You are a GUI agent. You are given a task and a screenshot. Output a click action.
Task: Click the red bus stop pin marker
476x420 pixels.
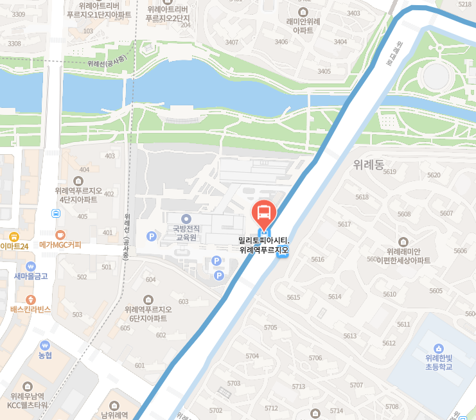coord(263,212)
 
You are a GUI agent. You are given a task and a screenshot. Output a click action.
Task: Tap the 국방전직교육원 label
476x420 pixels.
coord(187,232)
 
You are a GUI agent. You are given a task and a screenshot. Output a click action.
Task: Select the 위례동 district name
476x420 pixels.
coord(368,164)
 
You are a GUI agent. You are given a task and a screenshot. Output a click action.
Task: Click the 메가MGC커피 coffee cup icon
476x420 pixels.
coord(60,234)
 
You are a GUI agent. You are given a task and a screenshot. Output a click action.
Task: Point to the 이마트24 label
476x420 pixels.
coord(15,246)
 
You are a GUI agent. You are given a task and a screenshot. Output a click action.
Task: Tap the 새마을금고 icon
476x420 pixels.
coord(31,266)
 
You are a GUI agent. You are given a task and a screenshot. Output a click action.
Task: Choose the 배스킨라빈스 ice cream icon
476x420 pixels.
coord(30,299)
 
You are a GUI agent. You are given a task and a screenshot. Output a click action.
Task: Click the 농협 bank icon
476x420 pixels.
coord(44,345)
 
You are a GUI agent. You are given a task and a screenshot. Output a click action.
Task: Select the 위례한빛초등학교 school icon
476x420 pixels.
coord(439,347)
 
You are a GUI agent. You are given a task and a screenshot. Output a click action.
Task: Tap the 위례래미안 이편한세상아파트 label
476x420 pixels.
coord(403,256)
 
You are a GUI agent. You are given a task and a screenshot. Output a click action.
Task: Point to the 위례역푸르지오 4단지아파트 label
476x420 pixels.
coord(79,195)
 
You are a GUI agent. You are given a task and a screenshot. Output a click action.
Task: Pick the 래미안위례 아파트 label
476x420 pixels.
coord(303,25)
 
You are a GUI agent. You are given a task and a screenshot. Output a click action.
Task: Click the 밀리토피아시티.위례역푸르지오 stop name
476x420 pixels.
coord(264,245)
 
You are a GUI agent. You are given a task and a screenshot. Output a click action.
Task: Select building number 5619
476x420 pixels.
coord(389,171)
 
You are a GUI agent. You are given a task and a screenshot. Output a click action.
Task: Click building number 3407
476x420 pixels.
coord(231,42)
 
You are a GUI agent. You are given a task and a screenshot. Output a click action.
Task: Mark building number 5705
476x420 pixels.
coord(270,328)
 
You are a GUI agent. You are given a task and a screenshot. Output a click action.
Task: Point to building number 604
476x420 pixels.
coord(151,279)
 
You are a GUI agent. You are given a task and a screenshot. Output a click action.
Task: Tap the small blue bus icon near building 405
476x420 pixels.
coord(57,213)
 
